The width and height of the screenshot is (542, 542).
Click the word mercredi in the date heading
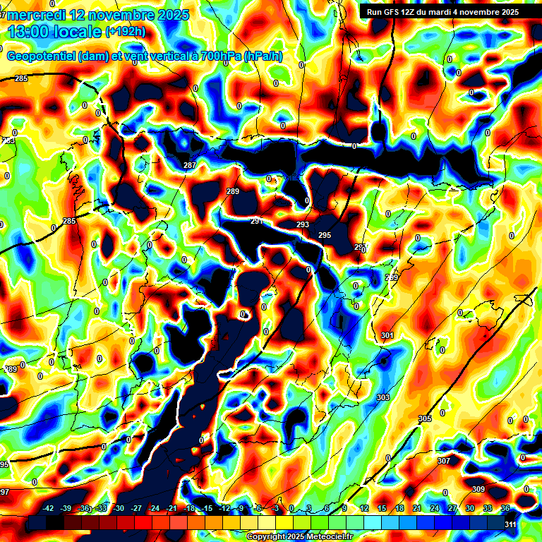(x=35, y=15)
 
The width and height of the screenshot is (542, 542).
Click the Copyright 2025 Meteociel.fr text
(x=299, y=536)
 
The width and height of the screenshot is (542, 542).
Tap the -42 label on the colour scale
(x=49, y=508)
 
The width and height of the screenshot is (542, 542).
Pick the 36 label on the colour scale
(x=505, y=508)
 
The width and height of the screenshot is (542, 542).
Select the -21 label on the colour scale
(x=171, y=508)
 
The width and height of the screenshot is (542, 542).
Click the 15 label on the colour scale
(x=382, y=508)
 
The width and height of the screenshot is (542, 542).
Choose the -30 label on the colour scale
(x=119, y=508)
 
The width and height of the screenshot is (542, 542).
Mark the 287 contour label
(x=189, y=165)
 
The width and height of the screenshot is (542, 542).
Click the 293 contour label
(x=303, y=224)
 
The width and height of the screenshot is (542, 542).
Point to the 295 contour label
(x=325, y=235)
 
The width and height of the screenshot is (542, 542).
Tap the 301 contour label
(x=387, y=335)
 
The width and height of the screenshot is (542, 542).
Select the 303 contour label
(x=383, y=398)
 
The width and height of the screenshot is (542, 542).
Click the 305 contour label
(x=424, y=418)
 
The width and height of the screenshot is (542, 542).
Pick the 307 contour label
(x=443, y=461)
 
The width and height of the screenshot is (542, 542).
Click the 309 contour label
(x=478, y=489)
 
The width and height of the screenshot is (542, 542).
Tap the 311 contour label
(x=510, y=524)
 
